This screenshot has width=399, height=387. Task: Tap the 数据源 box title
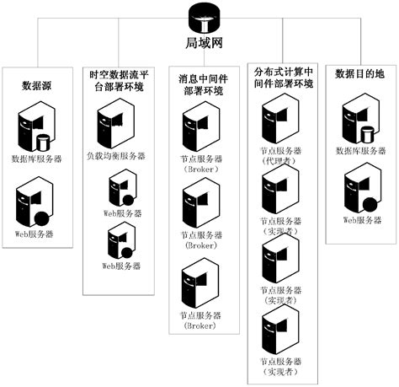coord(37,85)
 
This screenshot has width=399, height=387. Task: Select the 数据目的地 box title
coord(361,74)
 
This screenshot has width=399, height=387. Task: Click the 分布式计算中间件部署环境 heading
coord(283,78)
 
